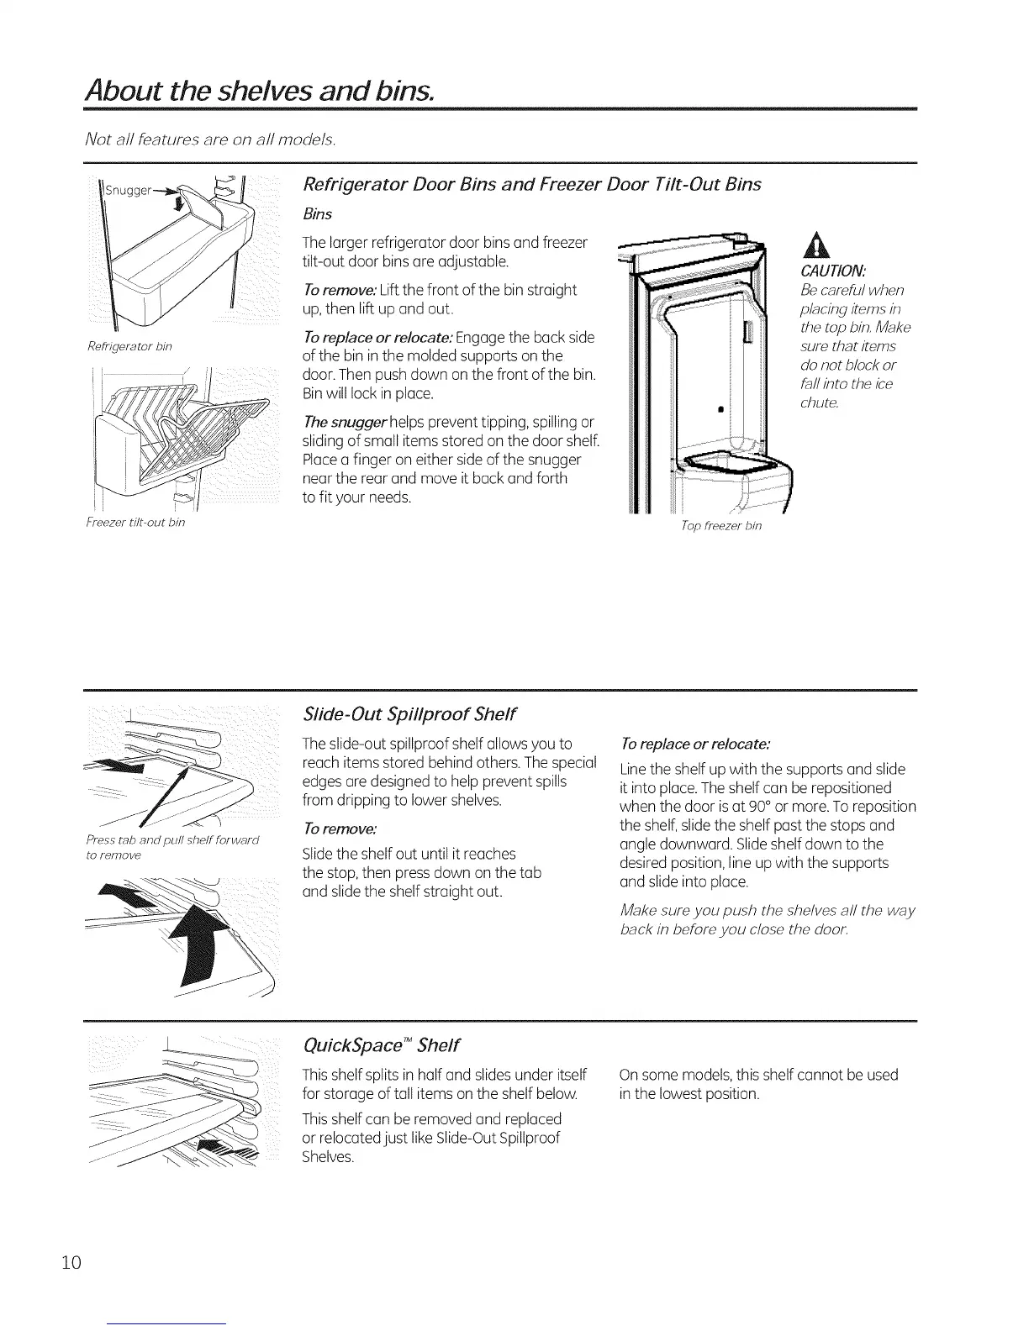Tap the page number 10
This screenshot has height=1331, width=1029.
pyautogui.click(x=71, y=1239)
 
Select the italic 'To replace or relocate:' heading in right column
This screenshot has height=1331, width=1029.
pyautogui.click(x=694, y=744)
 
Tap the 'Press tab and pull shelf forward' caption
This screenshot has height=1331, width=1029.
pyautogui.click(x=173, y=840)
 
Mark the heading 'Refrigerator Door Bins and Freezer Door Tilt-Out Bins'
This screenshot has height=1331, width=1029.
pyautogui.click(x=532, y=185)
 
